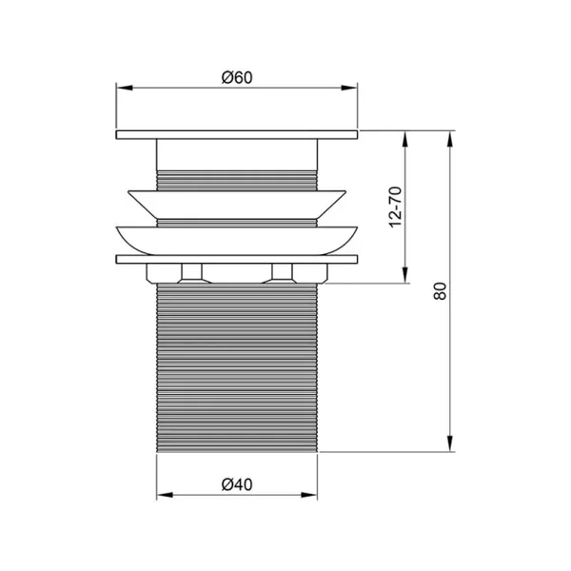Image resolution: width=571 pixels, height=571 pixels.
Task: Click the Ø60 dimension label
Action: pos(237,78)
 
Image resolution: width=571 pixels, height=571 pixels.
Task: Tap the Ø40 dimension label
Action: pos(237,484)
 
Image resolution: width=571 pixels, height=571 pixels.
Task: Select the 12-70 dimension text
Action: pos(396,207)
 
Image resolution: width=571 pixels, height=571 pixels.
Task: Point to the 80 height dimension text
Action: pos(440,290)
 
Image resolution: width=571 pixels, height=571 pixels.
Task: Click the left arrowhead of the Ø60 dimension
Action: pos(124,88)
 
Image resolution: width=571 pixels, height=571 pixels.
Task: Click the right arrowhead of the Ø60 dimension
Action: pos(349,88)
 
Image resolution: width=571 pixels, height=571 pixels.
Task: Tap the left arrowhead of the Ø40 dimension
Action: pos(165,495)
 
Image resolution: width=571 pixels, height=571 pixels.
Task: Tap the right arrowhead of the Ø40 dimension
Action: pos(308,495)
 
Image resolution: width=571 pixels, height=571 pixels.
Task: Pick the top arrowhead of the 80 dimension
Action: pos(450,139)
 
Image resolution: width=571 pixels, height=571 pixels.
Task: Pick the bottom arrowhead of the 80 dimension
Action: pos(450,443)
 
